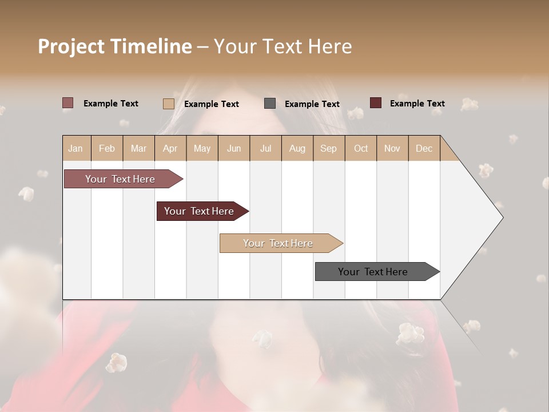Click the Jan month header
tap(75, 148)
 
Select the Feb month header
tap(107, 148)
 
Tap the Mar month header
tap(138, 148)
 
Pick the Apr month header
tap(170, 148)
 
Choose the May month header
tap(202, 148)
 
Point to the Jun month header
tap(234, 148)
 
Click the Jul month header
tap(265, 148)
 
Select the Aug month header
tap(297, 148)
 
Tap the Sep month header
tap(329, 148)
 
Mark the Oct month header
tap(361, 148)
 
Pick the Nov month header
tap(392, 148)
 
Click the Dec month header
tap(424, 148)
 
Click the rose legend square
tap(68, 103)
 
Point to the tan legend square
tap(169, 104)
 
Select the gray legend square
tap(270, 104)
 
